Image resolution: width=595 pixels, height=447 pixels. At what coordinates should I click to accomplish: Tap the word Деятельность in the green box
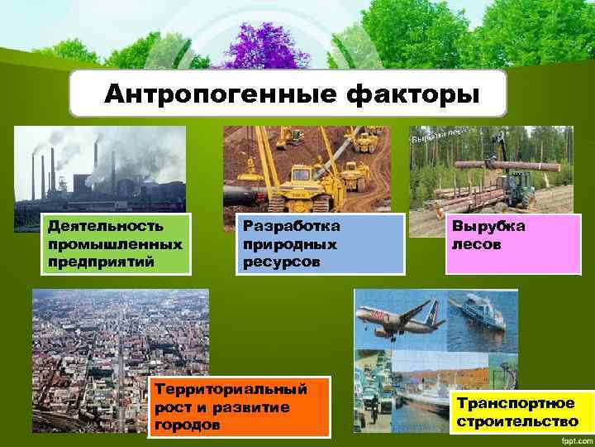click(93, 226)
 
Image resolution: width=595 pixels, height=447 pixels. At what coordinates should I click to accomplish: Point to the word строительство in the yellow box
click(516, 422)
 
